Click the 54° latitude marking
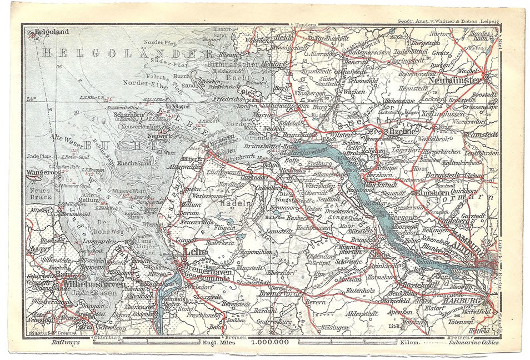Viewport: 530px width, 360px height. pos(32,99)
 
